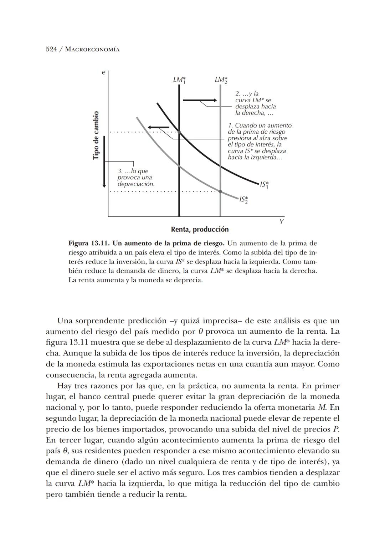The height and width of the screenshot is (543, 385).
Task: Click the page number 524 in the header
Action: point(51,49)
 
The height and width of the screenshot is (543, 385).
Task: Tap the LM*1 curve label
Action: point(180,80)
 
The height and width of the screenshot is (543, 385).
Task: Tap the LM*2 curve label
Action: point(221,80)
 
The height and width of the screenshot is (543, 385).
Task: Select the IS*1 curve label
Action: point(264,185)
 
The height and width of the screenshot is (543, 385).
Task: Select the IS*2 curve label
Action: point(243,199)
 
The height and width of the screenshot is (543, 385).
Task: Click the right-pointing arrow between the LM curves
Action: point(200,101)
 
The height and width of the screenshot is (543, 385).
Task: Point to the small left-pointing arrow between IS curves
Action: point(159,127)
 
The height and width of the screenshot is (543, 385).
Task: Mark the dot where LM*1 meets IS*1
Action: point(179,132)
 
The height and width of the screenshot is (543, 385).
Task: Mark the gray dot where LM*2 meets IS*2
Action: point(220,191)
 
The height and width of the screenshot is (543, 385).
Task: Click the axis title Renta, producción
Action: point(200,229)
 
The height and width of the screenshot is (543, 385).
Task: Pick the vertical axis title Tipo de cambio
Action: point(96,136)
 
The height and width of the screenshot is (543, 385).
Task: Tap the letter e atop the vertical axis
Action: point(103,73)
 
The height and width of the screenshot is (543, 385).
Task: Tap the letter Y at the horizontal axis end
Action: point(281,222)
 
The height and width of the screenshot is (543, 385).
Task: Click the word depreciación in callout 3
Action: point(136,184)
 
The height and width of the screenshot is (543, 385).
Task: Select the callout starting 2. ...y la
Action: point(255,103)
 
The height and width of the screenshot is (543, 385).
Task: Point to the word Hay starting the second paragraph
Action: point(63,386)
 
